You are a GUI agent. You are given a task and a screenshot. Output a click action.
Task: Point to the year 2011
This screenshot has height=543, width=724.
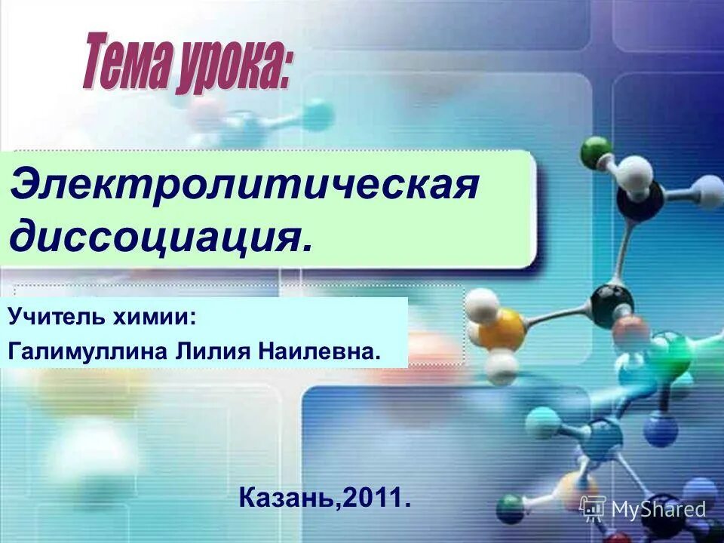[374, 497]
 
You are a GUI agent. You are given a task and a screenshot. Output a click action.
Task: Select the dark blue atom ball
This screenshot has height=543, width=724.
[661, 431]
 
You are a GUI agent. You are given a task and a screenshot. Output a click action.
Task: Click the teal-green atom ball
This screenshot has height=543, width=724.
[668, 355]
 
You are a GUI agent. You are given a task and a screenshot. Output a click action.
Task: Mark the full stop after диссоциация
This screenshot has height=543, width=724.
[305, 247]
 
